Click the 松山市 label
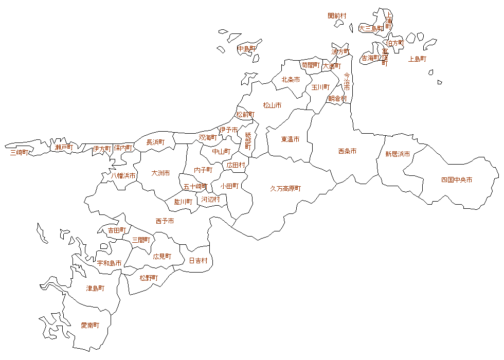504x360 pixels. tap(272, 105)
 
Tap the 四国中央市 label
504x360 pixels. tap(457, 180)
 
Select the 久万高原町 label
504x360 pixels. tap(285, 189)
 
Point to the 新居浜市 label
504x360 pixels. tap(398, 154)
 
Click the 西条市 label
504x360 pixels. tap(347, 151)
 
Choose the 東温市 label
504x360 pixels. tap(290, 139)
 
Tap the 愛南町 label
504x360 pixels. tap(90, 326)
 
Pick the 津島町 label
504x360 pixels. tap(95, 289)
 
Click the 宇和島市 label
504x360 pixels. tap(110, 263)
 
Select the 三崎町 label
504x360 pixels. tap(20, 152)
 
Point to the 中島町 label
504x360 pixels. tap(246, 49)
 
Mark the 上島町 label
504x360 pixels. tap(417, 59)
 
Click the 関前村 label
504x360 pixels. tap(337, 16)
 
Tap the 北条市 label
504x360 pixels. tap(291, 80)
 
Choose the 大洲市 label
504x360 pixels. tap(160, 173)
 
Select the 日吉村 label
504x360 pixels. tap(198, 261)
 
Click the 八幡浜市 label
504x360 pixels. tap(123, 176)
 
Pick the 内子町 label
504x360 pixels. tap(203, 170)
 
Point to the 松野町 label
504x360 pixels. tap(149, 278)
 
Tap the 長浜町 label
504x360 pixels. tap(155, 142)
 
